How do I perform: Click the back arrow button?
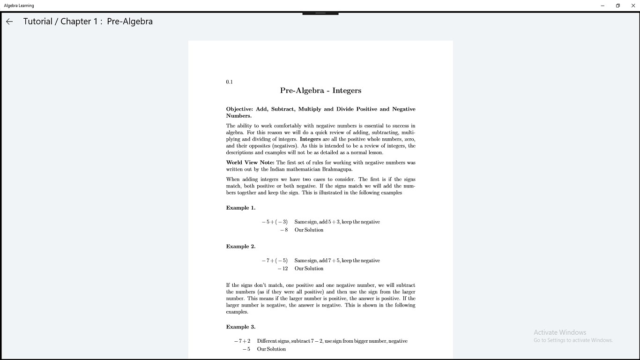pos(9,22)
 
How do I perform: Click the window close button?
pos(633,6)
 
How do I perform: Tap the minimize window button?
pos(603,6)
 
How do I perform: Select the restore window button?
pos(618,6)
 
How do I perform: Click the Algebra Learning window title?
pos(19,6)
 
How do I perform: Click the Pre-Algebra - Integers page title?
pos(320,90)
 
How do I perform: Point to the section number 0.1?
pos(229,82)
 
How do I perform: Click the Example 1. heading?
pos(241,208)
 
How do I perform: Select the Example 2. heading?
pos(241,247)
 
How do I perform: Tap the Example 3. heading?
pos(241,327)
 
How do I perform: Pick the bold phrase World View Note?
pos(250,163)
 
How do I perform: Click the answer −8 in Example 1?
pos(284,230)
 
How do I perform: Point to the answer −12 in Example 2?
pos(283,269)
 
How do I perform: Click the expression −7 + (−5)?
pos(275,261)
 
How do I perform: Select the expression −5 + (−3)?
pos(275,222)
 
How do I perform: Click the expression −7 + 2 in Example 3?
pos(242,341)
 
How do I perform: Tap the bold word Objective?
pos(239,109)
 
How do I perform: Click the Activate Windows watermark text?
pos(560,332)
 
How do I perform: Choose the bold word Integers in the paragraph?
pos(310,139)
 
